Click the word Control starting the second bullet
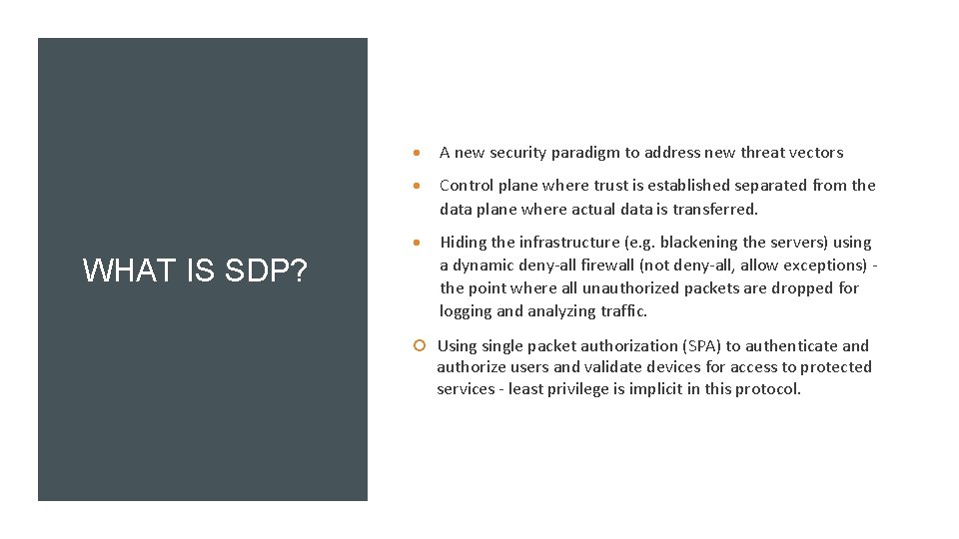(x=467, y=186)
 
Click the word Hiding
(x=465, y=243)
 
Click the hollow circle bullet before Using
(x=421, y=346)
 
